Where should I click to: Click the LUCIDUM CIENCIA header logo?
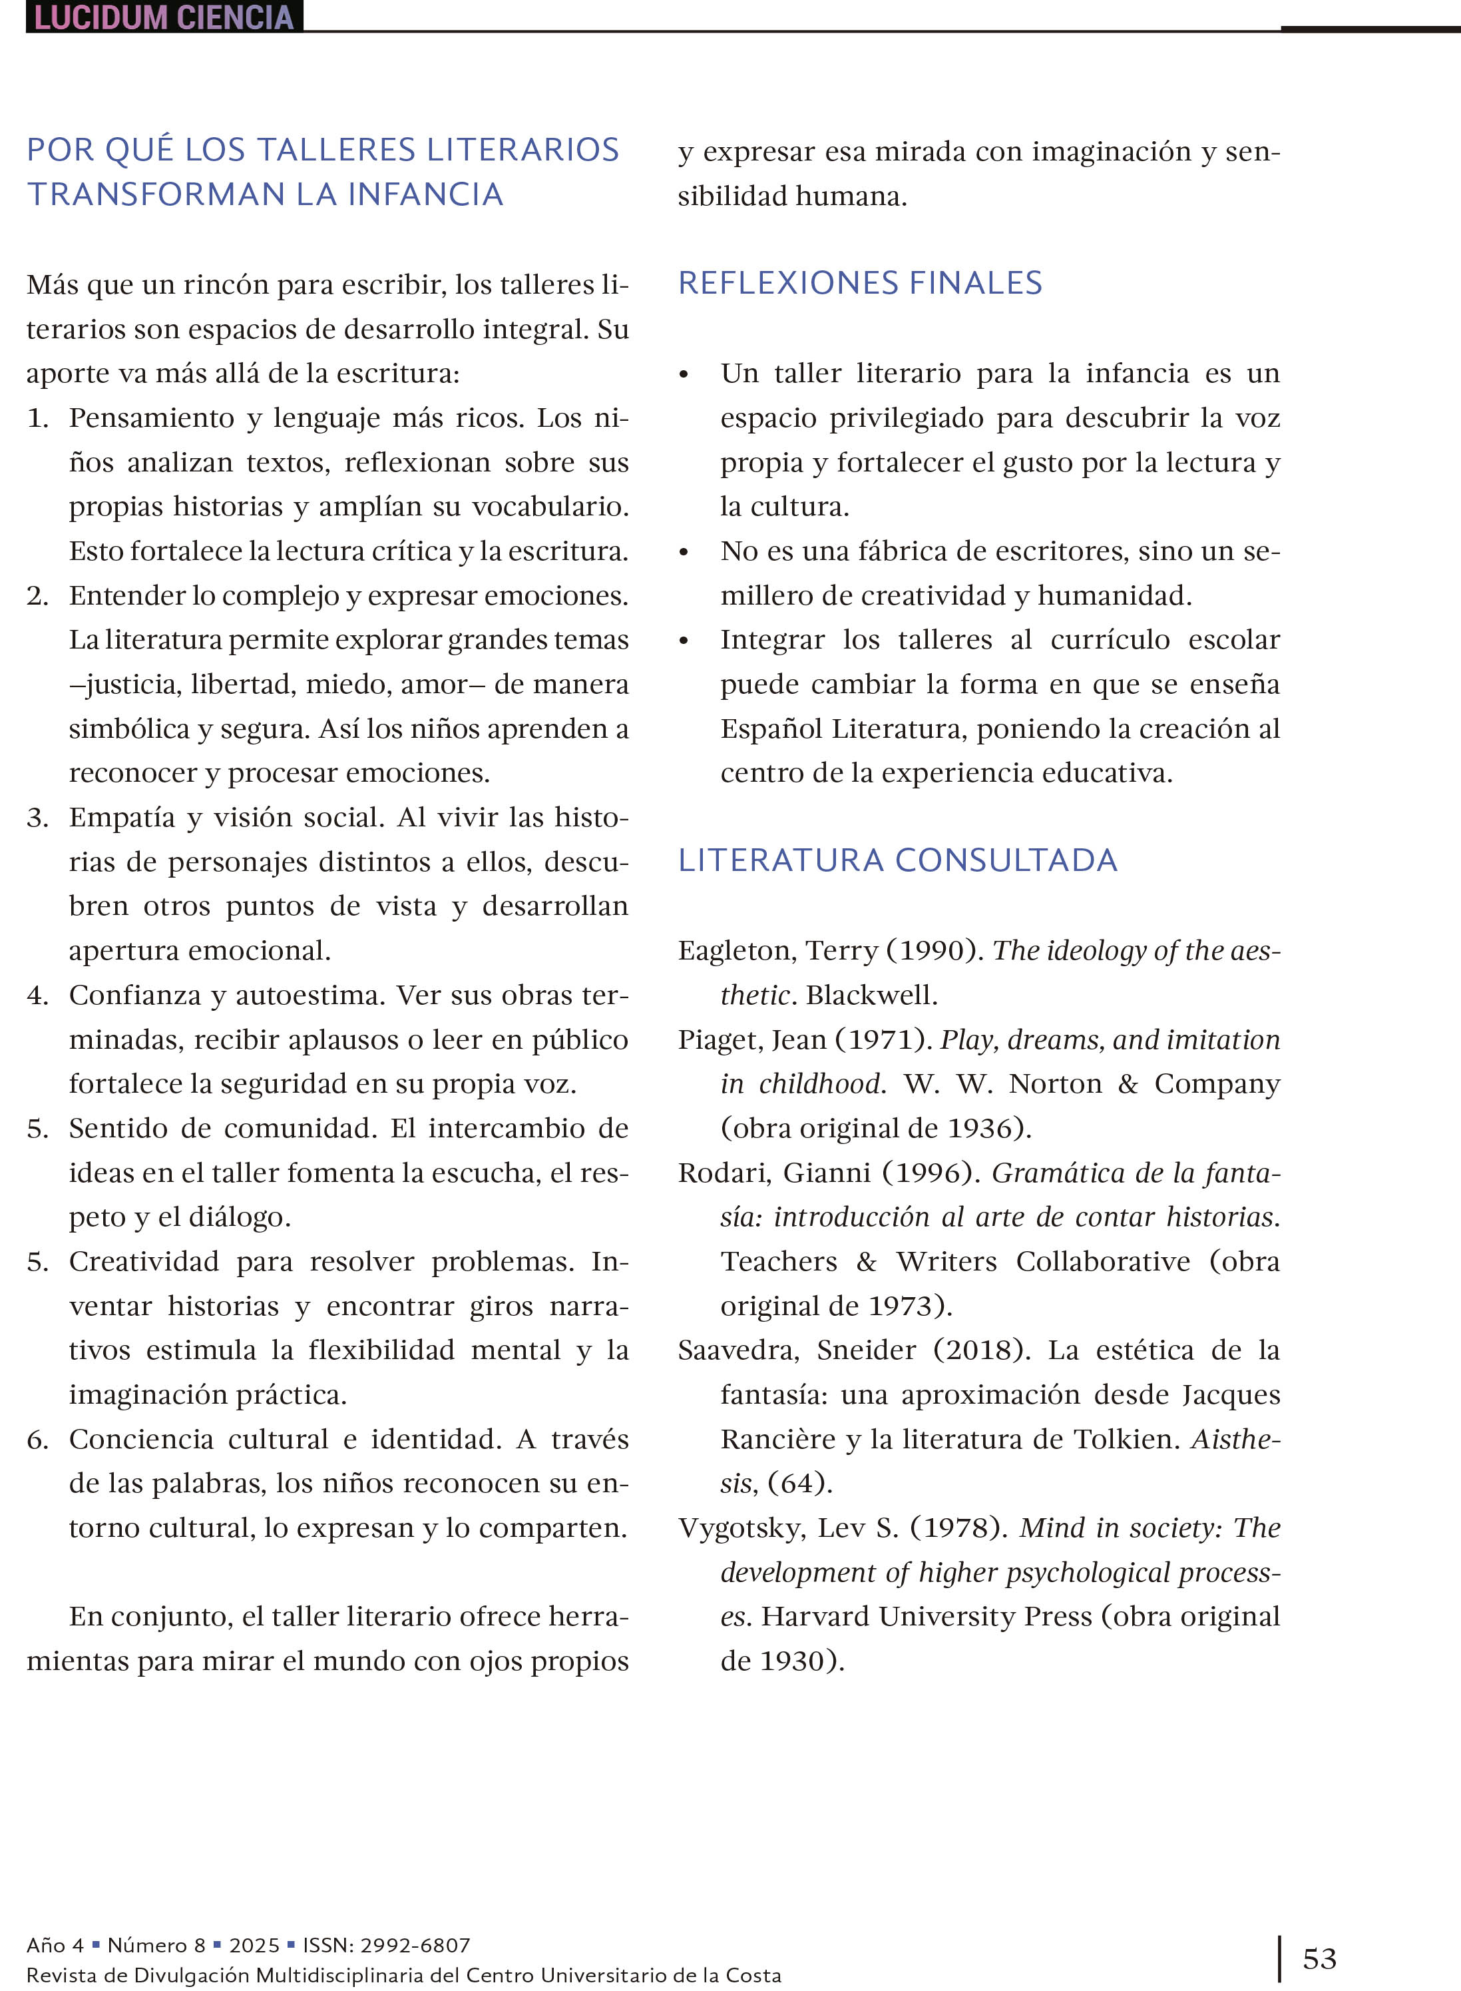point(164,17)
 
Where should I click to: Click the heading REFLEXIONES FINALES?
point(859,283)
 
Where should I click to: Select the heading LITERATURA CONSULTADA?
point(898,860)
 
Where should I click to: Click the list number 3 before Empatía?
point(37,817)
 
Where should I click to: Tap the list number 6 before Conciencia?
point(37,1439)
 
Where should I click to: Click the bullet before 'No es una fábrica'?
point(684,552)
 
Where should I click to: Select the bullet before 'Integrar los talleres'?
point(684,641)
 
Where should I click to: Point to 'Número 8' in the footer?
point(156,1944)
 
